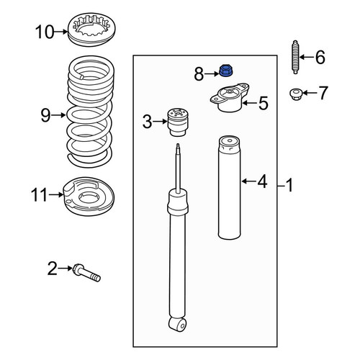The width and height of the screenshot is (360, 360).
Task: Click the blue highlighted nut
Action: [227, 71]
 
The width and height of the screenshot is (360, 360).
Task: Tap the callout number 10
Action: [45, 32]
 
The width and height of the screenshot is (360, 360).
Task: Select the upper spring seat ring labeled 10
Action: [91, 30]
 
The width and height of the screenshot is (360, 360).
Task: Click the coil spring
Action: [90, 112]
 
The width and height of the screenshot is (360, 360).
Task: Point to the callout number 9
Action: [45, 115]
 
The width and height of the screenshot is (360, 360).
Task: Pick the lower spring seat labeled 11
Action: [89, 197]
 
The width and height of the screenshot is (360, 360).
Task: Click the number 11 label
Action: [40, 194]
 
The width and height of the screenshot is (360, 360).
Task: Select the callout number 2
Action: [53, 269]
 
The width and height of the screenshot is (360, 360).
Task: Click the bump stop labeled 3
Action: [178, 122]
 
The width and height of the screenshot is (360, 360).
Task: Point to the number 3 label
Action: [148, 122]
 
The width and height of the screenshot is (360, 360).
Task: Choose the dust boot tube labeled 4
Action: [229, 187]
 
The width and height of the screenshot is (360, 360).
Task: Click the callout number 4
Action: [262, 181]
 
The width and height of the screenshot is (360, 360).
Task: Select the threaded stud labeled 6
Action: [295, 57]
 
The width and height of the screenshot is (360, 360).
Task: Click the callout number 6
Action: [320, 58]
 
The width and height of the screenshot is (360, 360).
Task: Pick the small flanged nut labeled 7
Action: [296, 94]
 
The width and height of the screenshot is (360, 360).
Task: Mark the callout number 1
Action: [290, 185]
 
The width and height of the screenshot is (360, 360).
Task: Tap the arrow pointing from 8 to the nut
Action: [212, 74]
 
